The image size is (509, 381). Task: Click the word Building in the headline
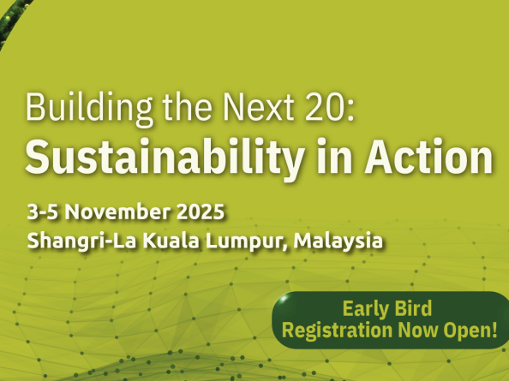(x=89, y=108)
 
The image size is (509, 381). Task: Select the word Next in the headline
(x=259, y=107)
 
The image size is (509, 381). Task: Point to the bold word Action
(x=428, y=156)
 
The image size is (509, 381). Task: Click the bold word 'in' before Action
(x=334, y=156)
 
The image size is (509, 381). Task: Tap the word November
(x=117, y=211)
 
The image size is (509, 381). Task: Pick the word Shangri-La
(x=81, y=241)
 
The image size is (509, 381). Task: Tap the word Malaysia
(x=338, y=242)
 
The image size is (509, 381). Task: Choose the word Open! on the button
(x=470, y=331)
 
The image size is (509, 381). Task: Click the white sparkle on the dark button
(x=283, y=298)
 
